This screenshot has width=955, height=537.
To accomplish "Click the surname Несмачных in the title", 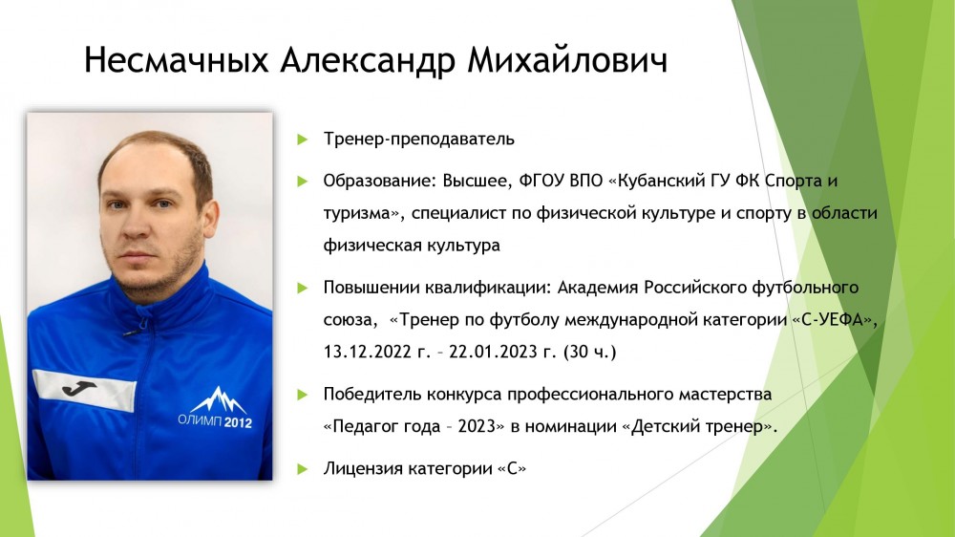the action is tap(176, 60).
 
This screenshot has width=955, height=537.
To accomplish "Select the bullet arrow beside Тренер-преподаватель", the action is tap(303, 140).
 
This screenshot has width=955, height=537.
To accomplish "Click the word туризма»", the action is tap(364, 214).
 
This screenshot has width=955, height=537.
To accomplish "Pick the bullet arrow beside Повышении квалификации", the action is tap(303, 288).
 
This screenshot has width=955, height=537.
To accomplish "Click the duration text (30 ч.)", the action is tap(589, 353).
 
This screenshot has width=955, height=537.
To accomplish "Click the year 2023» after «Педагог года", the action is tap(481, 426).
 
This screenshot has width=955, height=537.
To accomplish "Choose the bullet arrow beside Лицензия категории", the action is tap(303, 469).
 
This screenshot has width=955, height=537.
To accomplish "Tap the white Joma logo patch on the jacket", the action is tap(85, 390).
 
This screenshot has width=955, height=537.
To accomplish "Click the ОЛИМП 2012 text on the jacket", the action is tap(215, 421).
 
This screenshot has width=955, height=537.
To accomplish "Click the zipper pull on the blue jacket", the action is tap(130, 333).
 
